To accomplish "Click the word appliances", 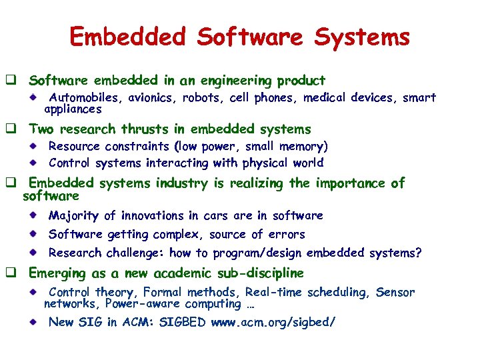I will pyautogui.click(x=73, y=109).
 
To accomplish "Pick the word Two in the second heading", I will pyautogui.click(x=41, y=129).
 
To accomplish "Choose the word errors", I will pyautogui.click(x=287, y=234).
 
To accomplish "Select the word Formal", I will pyautogui.click(x=161, y=293).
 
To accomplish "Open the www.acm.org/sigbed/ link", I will pyautogui.click(x=273, y=323).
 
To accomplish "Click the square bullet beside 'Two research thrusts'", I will pyautogui.click(x=11, y=129).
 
